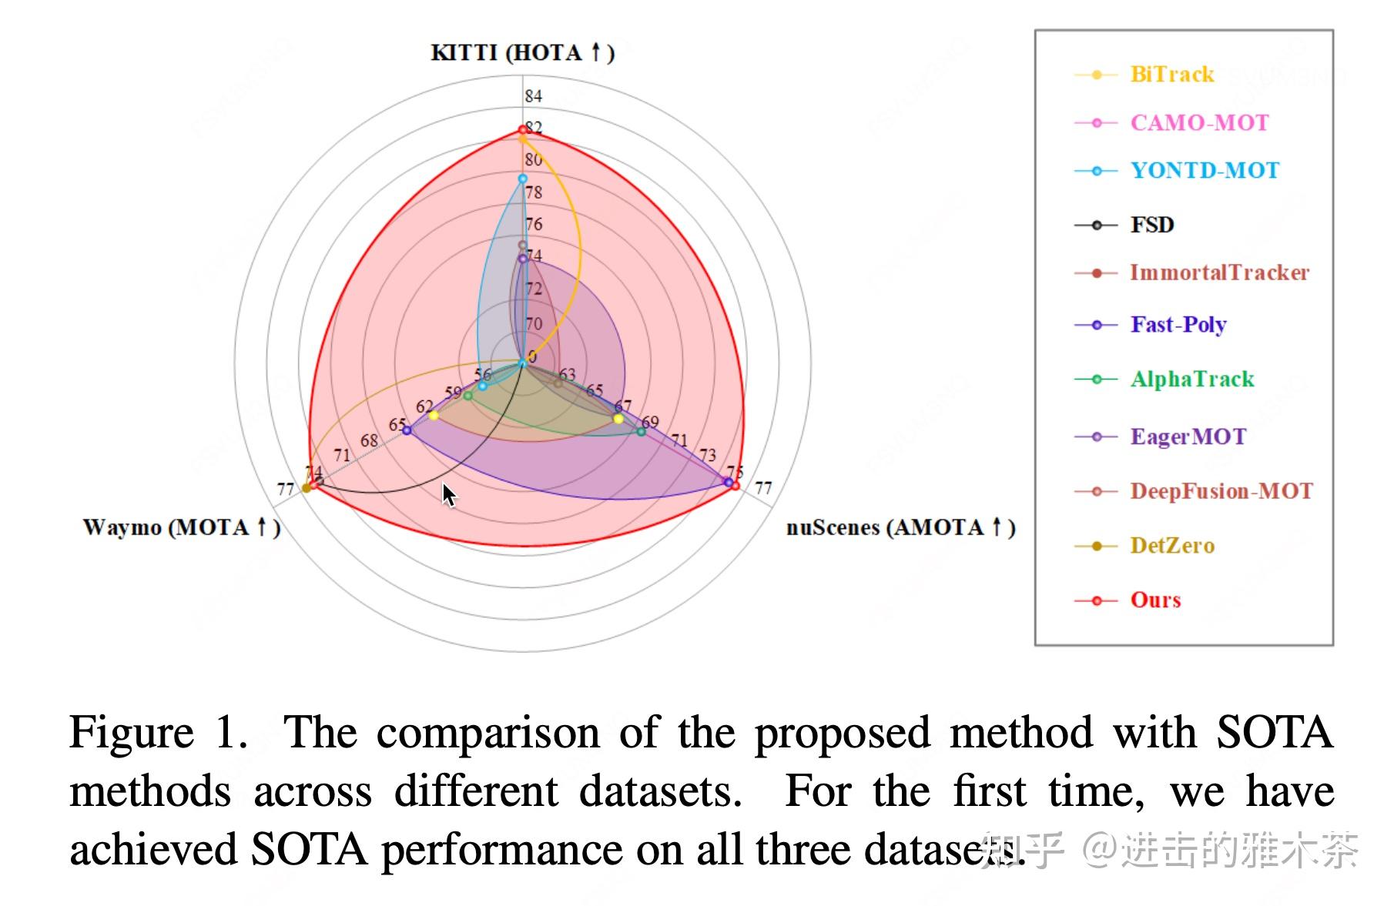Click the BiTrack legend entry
(1171, 75)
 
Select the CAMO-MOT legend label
(1198, 123)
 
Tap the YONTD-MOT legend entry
(1204, 171)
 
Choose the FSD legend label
(1151, 225)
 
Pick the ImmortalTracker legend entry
(1218, 272)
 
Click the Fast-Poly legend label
(1178, 325)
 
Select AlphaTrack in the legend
(1191, 379)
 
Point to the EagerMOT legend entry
(1188, 436)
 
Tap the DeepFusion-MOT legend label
(1221, 491)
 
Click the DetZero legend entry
(1171, 546)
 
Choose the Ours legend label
(1155, 600)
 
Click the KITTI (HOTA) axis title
(522, 53)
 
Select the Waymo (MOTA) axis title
(182, 528)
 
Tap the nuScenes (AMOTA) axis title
(900, 528)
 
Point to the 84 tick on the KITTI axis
(533, 96)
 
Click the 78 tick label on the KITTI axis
(533, 192)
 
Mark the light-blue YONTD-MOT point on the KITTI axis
(523, 179)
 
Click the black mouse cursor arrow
(448, 495)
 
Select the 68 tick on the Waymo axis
(369, 441)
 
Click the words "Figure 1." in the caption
(158, 732)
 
